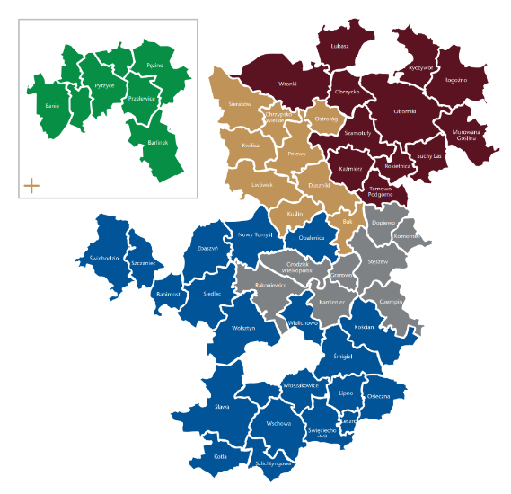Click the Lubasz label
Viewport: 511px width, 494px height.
339,45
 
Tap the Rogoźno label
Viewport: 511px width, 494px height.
455,80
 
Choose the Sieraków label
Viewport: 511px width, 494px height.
239,104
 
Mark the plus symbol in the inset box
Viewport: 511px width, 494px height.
31,186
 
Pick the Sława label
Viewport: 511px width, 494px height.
223,407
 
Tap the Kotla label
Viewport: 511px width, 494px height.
221,457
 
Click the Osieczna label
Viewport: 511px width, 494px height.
378,395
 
